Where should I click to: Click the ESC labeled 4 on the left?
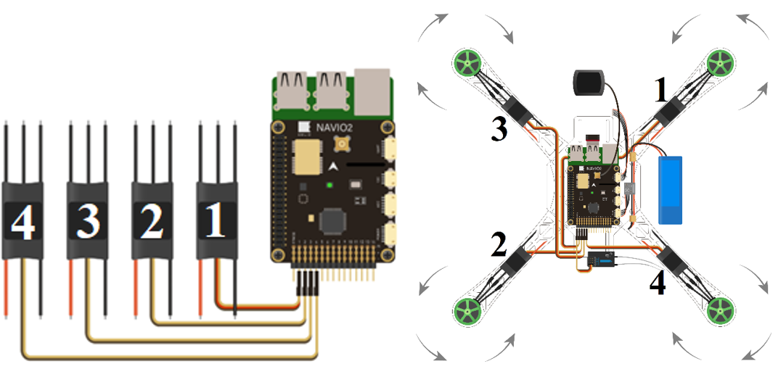click(22, 220)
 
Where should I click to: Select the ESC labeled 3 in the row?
click(88, 220)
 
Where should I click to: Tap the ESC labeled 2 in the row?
click(152, 220)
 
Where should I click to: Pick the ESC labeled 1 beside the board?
click(216, 220)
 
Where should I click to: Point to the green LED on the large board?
click(329, 186)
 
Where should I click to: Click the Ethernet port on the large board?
click(372, 93)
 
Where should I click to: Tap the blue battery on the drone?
click(671, 189)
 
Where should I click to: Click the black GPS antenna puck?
click(588, 82)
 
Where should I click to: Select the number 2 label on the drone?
click(499, 245)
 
